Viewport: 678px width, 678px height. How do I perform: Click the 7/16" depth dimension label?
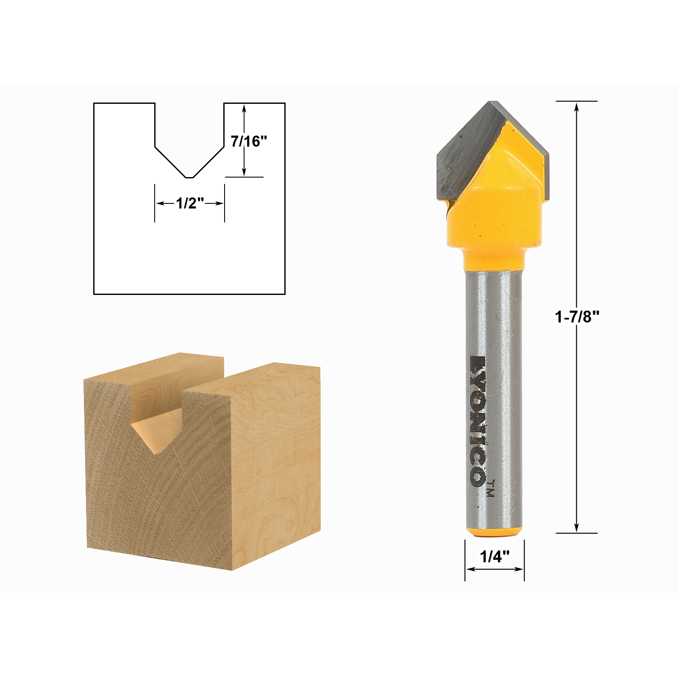tap(249, 141)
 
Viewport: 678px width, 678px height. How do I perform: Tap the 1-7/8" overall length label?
tap(577, 317)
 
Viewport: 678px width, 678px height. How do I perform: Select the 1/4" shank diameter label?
tap(495, 556)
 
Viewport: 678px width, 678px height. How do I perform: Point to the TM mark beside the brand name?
tap(491, 488)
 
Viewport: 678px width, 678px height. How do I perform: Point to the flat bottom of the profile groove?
tap(189, 178)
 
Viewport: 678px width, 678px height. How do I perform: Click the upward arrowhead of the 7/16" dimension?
tap(244, 108)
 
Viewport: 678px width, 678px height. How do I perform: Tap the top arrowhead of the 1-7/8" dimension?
tap(576, 106)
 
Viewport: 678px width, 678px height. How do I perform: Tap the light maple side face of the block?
tap(275, 466)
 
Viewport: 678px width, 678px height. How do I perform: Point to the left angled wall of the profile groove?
tap(169, 162)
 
